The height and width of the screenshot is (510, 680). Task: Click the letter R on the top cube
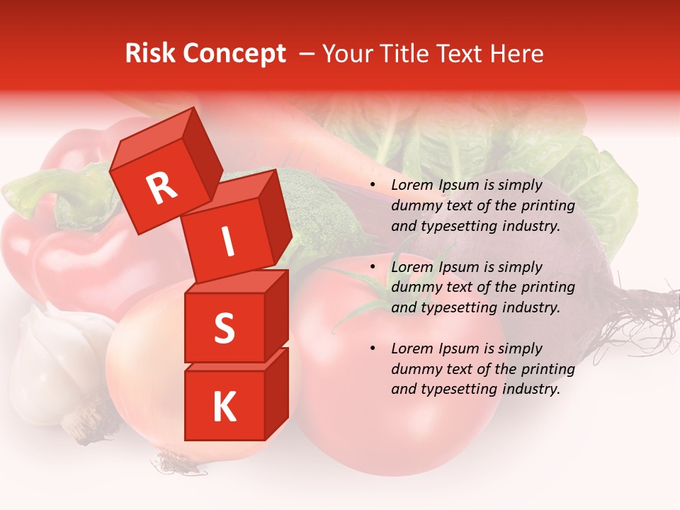[161, 188]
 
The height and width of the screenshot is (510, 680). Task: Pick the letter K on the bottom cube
[223, 407]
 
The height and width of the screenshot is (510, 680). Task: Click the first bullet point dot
[373, 186]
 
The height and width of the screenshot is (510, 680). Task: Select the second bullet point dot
[373, 267]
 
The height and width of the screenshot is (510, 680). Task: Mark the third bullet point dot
[373, 348]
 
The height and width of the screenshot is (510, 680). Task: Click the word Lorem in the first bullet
[412, 186]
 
